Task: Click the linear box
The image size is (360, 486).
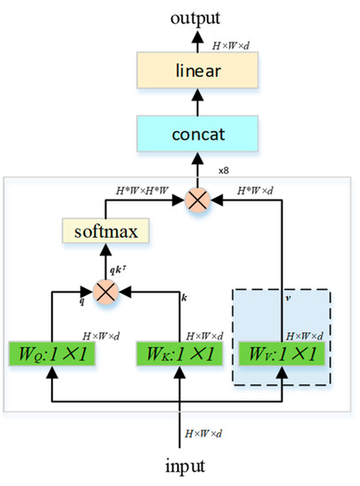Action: pyautogui.click(x=181, y=72)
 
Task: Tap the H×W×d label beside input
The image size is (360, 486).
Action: pyautogui.click(x=204, y=433)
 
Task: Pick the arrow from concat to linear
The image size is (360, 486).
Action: pyautogui.click(x=181, y=103)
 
